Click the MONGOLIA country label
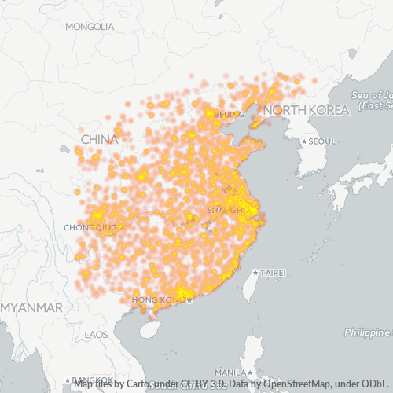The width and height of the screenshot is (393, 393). click(90, 27)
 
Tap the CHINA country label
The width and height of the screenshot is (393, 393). click(99, 140)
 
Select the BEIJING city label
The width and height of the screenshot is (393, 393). click(229, 115)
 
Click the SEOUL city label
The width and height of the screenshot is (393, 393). click(322, 141)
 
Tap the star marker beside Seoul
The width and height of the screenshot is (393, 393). click(304, 141)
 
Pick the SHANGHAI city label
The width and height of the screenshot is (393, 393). click(225, 211)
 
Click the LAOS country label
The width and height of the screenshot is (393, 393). click(96, 335)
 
